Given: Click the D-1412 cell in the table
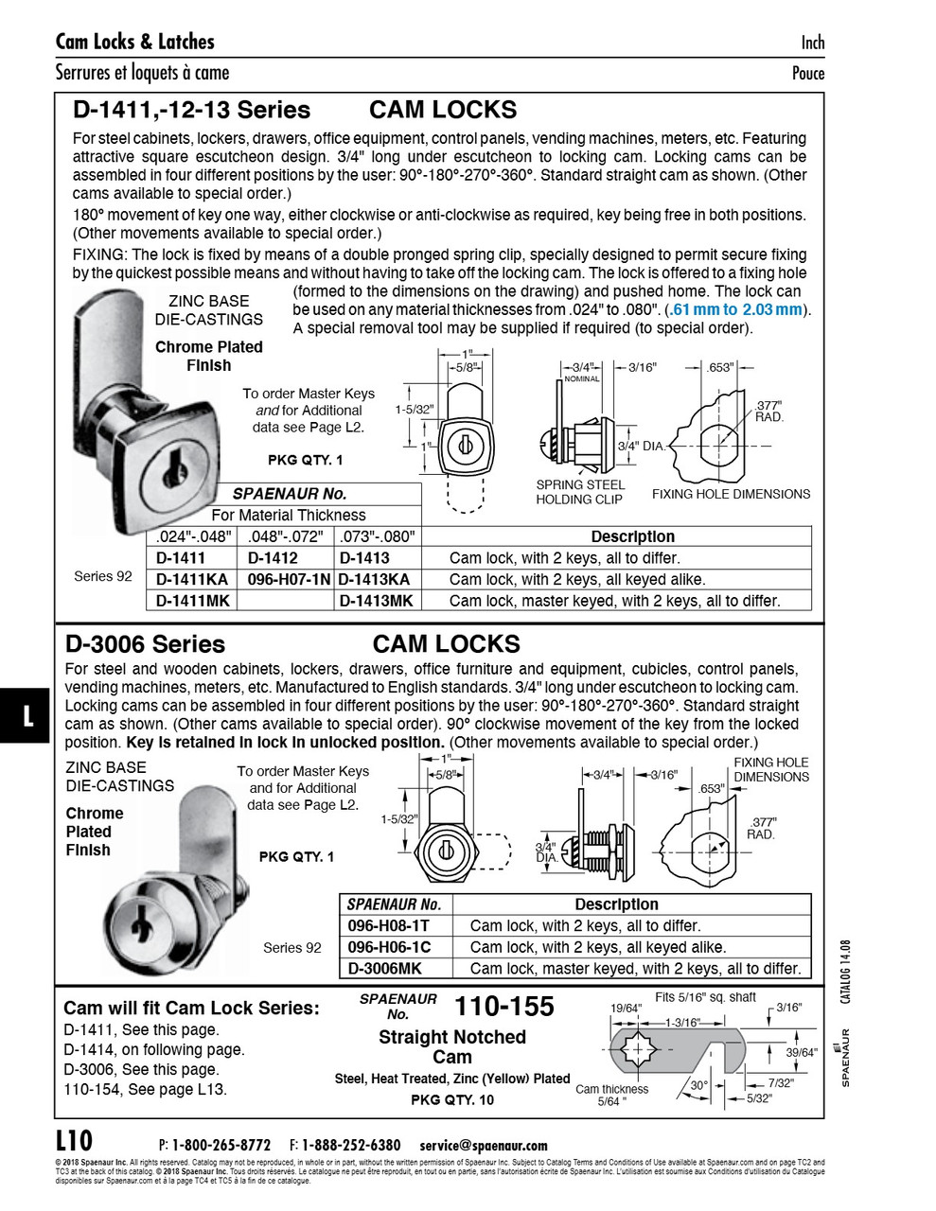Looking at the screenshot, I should [x=273, y=558].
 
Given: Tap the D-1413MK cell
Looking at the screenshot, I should [x=376, y=601].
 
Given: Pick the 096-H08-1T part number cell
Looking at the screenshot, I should [x=389, y=926].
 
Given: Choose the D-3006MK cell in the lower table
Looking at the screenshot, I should [x=385, y=968].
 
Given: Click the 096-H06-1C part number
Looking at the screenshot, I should [x=389, y=947].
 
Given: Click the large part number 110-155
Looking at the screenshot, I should [x=503, y=1007].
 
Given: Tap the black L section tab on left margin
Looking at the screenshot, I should [x=27, y=715].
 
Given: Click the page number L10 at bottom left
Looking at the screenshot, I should [x=74, y=1139].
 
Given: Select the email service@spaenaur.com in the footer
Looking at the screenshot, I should [x=484, y=1145].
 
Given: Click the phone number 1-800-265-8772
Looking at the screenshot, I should [x=221, y=1145].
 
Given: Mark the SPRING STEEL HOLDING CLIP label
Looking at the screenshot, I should [x=580, y=492].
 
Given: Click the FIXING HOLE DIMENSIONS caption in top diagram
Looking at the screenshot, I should [x=731, y=494].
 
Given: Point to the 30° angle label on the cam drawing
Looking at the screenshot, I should [x=698, y=1085].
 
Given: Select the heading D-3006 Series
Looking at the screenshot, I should [x=145, y=644].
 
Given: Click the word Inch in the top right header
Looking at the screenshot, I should [x=812, y=42].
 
